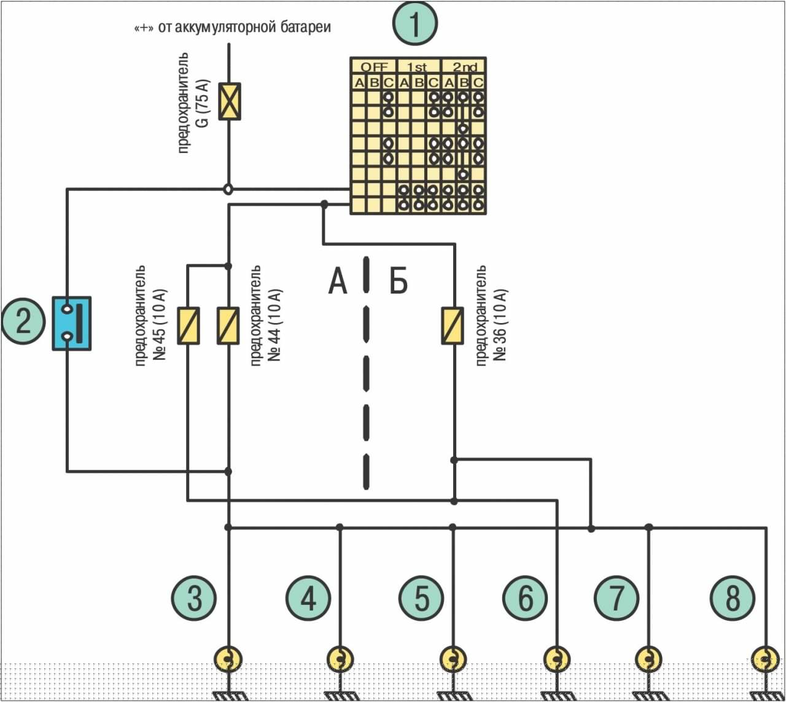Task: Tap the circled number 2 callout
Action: (x=23, y=321)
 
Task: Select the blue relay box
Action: (x=72, y=324)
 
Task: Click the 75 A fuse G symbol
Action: (x=229, y=101)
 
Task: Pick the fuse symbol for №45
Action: (x=189, y=326)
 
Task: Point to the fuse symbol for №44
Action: (x=228, y=326)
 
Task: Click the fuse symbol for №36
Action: (x=453, y=326)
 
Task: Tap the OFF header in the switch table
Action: (x=374, y=67)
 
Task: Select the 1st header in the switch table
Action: (x=417, y=67)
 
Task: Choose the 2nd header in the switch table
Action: (x=465, y=67)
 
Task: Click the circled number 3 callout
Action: (x=194, y=598)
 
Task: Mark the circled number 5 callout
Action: (x=421, y=598)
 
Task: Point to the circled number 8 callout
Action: (x=733, y=598)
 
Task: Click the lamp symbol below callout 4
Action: (x=340, y=658)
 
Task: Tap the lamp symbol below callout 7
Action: (x=648, y=658)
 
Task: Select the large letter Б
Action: (x=399, y=281)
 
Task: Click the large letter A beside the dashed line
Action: (x=338, y=281)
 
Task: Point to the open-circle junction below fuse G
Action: (x=229, y=189)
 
